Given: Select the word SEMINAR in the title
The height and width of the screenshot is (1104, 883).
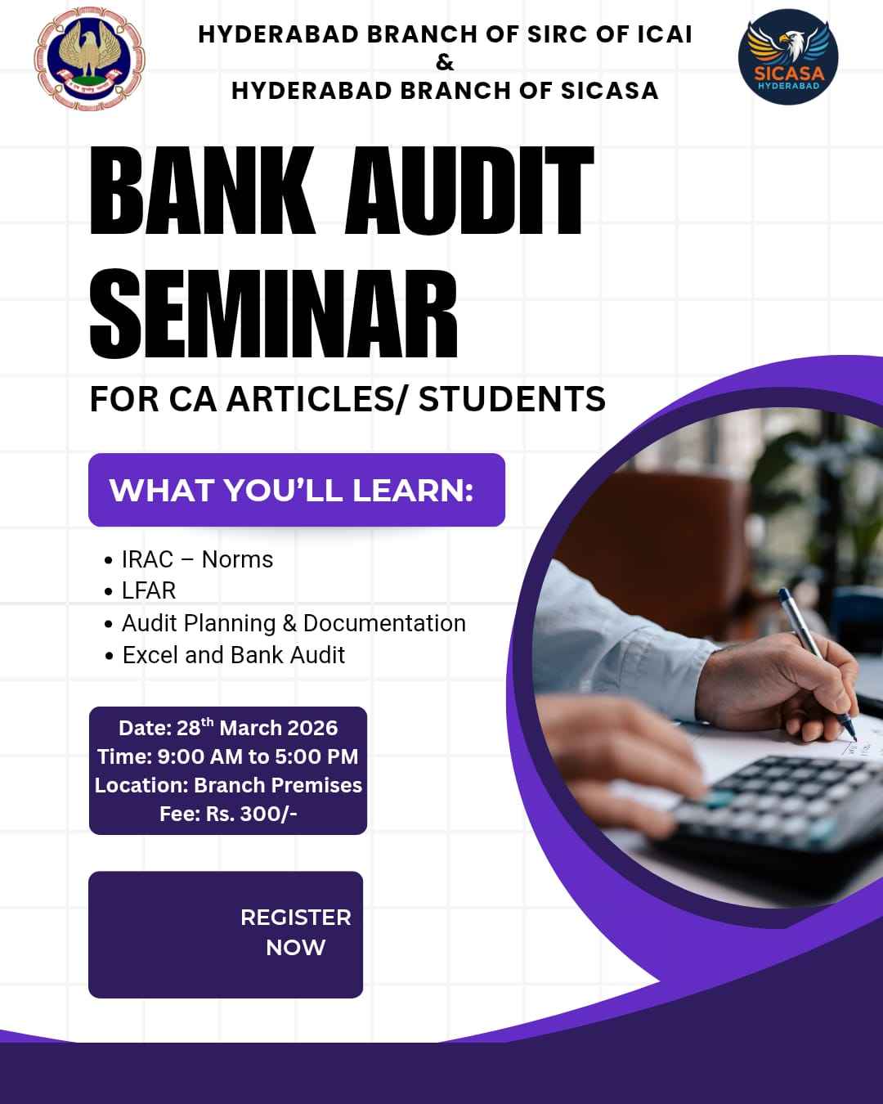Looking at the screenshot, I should pyautogui.click(x=273, y=316).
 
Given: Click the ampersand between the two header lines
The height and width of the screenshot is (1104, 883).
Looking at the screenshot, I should pyautogui.click(x=445, y=62).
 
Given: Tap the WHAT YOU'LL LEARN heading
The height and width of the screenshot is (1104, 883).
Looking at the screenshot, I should pyautogui.click(x=292, y=490).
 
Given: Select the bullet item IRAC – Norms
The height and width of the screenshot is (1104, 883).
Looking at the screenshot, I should pyautogui.click(x=197, y=559).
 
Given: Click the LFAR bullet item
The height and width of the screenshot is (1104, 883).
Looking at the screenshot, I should pyautogui.click(x=149, y=590).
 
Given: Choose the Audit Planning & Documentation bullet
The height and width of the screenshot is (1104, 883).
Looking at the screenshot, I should pyautogui.click(x=294, y=623).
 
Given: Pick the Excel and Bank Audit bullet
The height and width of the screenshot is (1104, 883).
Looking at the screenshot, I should pyautogui.click(x=234, y=655).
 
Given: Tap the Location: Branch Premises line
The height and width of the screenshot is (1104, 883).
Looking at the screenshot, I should pyautogui.click(x=228, y=785).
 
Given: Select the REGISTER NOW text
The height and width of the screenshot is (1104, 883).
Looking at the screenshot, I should pyautogui.click(x=295, y=932).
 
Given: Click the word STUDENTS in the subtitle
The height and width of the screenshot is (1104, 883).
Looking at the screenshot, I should pyautogui.click(x=512, y=399).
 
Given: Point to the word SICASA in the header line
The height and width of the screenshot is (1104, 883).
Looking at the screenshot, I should pyautogui.click(x=609, y=90).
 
